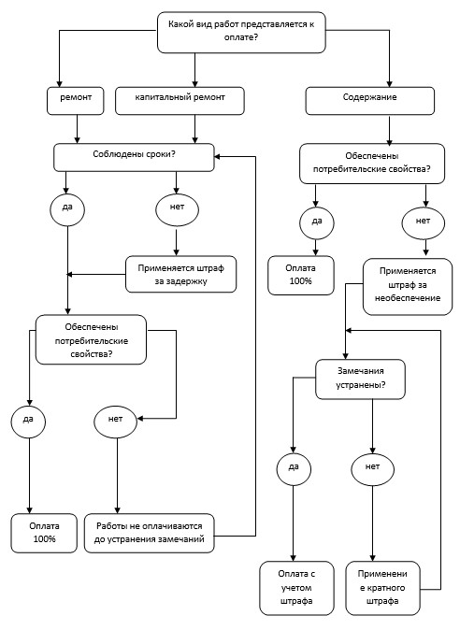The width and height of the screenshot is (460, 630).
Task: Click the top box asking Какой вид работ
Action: (241, 32)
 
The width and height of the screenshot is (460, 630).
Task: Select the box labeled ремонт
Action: (76, 101)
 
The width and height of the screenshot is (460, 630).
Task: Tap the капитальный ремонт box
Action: (180, 101)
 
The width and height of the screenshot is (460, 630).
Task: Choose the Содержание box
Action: (370, 101)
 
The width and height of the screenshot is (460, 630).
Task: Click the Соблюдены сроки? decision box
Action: (134, 157)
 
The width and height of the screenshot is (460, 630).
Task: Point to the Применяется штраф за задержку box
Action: (180, 274)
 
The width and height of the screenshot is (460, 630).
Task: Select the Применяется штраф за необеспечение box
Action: (408, 286)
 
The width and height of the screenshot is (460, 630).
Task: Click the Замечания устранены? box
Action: (360, 379)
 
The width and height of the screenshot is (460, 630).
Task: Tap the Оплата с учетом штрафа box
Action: (296, 588)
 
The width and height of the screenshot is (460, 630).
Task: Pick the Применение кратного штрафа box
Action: (382, 588)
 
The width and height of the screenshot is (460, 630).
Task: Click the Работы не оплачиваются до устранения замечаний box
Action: (149, 533)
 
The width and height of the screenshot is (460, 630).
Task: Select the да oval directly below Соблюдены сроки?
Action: (67, 209)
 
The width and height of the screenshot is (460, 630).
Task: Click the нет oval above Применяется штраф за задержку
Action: (177, 209)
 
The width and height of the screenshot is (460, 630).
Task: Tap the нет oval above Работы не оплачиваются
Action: (115, 422)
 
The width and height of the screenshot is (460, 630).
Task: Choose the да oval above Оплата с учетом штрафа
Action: (294, 469)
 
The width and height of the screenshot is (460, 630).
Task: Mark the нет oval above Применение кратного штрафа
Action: (372, 469)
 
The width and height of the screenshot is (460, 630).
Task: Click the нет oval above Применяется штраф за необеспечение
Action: (423, 222)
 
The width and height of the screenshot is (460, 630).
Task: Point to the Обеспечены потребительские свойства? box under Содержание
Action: (372, 164)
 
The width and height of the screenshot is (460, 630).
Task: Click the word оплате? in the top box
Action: (241, 37)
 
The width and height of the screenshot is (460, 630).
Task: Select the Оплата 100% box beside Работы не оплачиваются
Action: (44, 533)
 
